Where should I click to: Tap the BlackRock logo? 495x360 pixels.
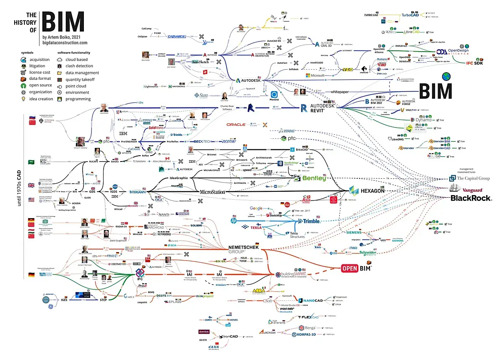471,198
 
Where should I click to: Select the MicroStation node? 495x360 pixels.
216,192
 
